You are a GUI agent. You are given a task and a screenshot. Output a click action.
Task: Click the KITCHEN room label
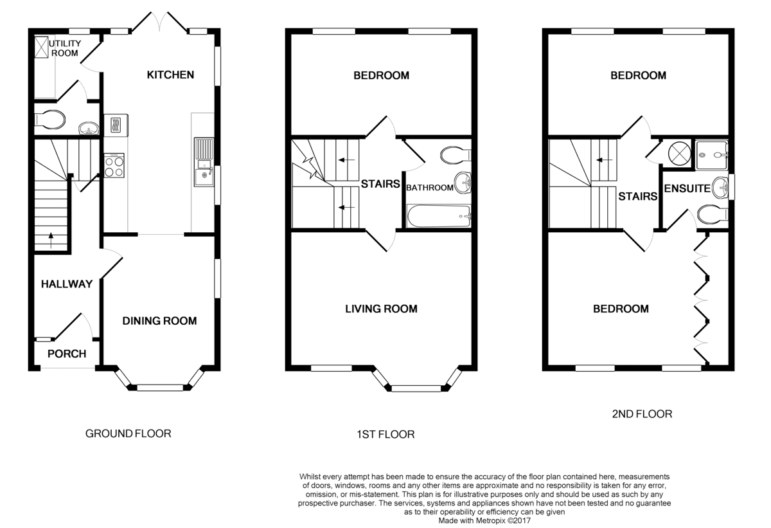click(170, 75)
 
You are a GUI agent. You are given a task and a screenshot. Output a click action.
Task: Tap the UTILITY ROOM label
click(65, 48)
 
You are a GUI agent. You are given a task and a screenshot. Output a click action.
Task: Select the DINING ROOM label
click(159, 321)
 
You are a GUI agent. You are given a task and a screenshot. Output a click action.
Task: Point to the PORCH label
click(67, 354)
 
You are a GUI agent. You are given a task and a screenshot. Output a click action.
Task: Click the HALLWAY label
click(67, 284)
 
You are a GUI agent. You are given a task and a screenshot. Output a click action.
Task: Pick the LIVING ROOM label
click(382, 309)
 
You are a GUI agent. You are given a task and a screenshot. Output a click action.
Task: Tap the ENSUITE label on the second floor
click(687, 188)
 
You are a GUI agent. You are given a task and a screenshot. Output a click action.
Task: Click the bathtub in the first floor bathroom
click(438, 216)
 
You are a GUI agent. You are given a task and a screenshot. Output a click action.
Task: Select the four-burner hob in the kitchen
click(114, 166)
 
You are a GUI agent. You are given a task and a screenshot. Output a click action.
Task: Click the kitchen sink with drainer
click(204, 162)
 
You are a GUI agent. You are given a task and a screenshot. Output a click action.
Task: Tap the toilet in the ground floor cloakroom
click(50, 120)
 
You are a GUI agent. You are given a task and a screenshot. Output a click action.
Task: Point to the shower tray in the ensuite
click(712, 155)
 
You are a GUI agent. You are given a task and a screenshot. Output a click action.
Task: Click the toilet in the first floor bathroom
click(456, 155)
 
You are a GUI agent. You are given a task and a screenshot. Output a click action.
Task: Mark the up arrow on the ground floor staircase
click(51, 241)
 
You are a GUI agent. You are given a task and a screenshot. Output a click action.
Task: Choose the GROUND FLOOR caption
click(128, 433)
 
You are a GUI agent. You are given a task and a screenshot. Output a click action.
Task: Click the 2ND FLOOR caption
click(642, 414)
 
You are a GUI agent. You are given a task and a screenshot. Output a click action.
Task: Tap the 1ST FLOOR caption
click(385, 434)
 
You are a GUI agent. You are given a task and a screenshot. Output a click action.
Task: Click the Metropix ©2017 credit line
click(484, 521)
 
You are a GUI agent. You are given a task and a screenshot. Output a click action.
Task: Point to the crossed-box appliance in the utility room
click(41, 47)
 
